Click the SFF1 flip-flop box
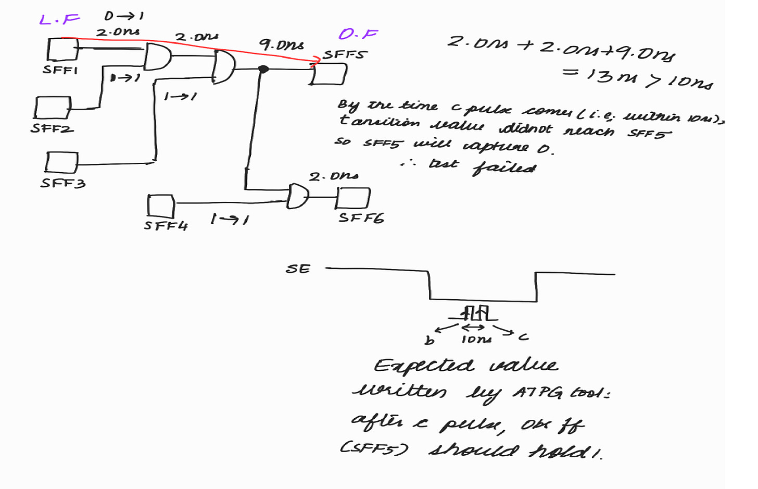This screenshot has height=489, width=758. (62, 49)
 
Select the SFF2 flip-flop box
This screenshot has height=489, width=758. (52, 108)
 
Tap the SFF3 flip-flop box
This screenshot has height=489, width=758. (61, 162)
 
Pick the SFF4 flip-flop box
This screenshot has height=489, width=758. (160, 206)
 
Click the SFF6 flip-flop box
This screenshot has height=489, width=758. (353, 198)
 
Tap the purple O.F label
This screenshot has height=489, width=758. (358, 34)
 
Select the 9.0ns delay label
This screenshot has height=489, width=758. (282, 45)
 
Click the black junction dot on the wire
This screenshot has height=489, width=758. (263, 69)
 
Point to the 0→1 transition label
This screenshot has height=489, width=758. (123, 16)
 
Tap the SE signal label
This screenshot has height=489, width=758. (298, 269)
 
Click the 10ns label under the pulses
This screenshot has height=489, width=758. (476, 340)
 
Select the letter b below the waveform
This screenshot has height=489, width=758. (429, 341)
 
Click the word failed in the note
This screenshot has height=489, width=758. (504, 168)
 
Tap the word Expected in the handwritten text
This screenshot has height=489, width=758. (424, 366)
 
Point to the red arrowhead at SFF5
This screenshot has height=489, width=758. (315, 61)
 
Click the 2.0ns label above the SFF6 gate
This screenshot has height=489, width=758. (333, 177)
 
